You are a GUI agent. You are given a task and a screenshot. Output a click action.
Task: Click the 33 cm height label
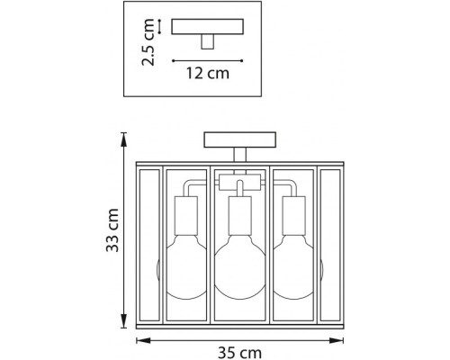point(112,230)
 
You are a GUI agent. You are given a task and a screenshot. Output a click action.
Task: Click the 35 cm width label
point(239,353)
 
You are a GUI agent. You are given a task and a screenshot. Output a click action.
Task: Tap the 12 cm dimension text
point(208,73)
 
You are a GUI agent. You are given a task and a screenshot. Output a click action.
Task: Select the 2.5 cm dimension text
point(148,42)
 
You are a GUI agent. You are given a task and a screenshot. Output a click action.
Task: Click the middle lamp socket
point(240,216)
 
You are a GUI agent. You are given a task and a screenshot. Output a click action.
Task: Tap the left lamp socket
point(186,216)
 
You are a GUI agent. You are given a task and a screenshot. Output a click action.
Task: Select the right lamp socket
point(294,216)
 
